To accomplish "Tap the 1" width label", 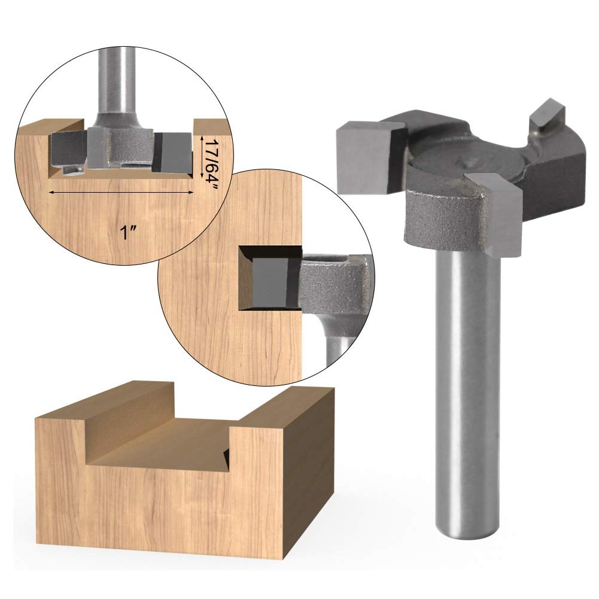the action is click(128, 232).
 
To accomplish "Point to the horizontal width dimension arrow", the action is click(121, 192).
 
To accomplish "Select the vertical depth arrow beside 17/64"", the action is click(200, 157).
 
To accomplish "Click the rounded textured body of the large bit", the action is click(443, 218).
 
